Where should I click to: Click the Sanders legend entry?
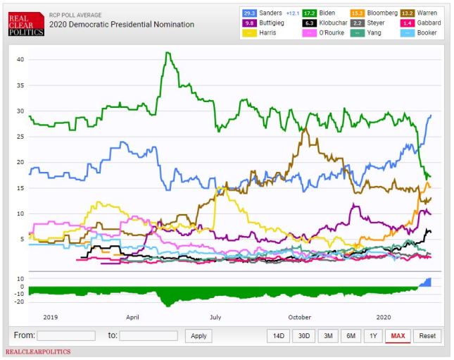pos(270,13)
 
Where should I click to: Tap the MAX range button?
pos(398,336)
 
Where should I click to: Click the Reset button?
pos(427,336)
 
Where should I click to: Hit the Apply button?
pos(198,336)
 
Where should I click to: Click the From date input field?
pos(66,336)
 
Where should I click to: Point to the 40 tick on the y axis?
pos(20,60)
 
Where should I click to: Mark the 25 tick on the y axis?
pos(20,137)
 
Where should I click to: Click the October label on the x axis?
pos(300,318)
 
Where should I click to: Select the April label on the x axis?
pos(132,318)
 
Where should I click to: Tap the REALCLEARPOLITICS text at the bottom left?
pos(38,352)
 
